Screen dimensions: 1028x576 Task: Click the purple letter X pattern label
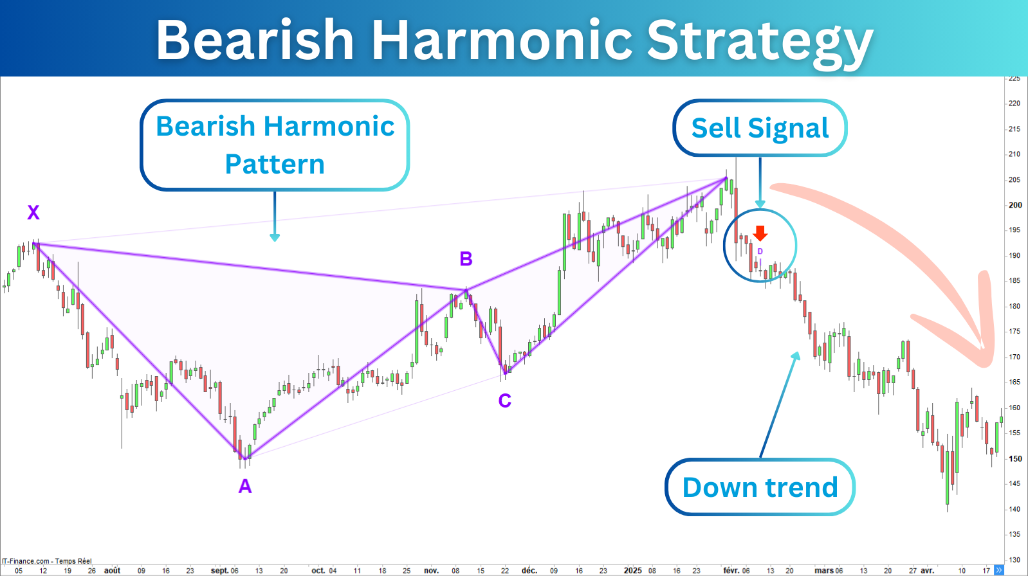point(33,212)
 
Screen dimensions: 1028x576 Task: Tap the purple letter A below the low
point(245,486)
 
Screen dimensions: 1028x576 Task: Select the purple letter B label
point(466,259)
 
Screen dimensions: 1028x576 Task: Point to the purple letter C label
point(505,401)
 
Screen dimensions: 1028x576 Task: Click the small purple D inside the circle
point(760,251)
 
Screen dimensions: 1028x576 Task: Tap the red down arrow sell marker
point(760,233)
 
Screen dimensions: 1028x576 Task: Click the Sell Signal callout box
point(760,128)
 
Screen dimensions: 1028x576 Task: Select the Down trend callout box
point(760,487)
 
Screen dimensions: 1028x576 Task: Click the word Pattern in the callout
point(275,164)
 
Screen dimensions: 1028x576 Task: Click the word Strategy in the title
point(760,41)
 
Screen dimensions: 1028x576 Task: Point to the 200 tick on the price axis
point(1014,205)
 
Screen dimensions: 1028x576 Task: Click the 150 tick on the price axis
point(1014,458)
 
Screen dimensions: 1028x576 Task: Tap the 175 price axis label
point(1014,332)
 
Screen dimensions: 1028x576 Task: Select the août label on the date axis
point(112,570)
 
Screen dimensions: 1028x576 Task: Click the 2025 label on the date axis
point(633,570)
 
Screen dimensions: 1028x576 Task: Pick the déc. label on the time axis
point(529,570)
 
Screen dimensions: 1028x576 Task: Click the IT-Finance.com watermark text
point(47,561)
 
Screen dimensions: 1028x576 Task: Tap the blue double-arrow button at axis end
point(999,570)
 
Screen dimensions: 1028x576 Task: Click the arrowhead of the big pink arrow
point(982,348)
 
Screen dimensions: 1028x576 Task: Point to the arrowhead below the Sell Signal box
point(760,204)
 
